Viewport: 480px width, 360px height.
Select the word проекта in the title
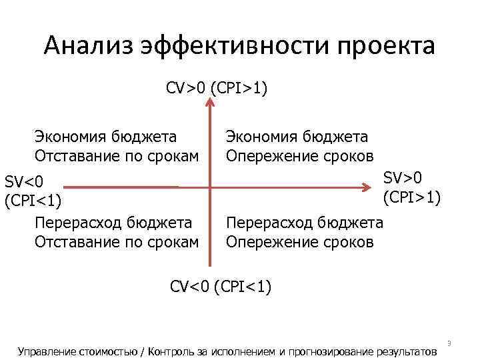pos(386,47)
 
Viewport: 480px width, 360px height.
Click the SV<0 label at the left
pos(24,181)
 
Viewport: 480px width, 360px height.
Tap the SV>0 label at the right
pos(404,177)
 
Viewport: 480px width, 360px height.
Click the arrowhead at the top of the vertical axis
pos(210,102)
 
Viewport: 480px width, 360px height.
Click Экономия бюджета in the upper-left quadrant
pos(106,137)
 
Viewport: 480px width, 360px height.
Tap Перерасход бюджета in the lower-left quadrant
pos(113,223)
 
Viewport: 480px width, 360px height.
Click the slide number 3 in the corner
pos(449,343)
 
